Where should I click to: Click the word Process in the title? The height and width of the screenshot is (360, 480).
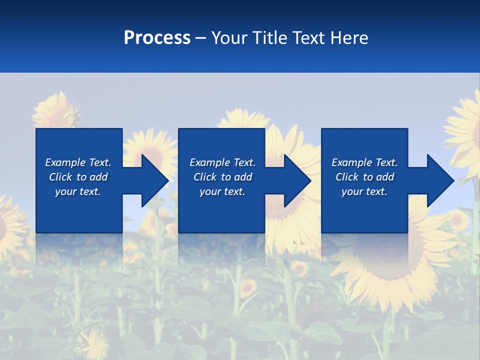tap(157, 38)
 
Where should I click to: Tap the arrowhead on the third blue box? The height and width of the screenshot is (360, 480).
tap(437, 180)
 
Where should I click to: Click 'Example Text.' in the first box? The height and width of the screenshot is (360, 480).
tap(78, 162)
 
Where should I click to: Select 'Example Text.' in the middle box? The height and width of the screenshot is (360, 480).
tap(222, 162)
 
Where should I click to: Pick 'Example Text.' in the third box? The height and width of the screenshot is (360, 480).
tap(364, 162)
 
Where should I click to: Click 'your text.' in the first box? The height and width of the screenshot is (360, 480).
tap(78, 191)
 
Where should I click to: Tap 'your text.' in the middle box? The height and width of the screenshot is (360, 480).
tap(222, 191)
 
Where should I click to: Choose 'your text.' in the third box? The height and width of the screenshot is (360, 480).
tap(364, 191)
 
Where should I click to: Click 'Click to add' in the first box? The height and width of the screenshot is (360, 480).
tap(78, 177)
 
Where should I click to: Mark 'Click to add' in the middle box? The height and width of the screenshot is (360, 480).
tap(222, 177)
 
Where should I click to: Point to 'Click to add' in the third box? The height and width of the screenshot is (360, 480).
tap(364, 177)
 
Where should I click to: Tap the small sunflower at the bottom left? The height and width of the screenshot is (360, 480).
tap(93, 344)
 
